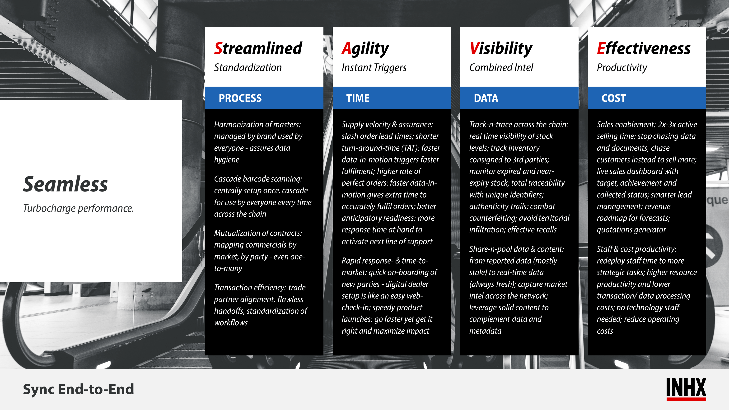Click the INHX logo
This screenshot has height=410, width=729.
point(686,389)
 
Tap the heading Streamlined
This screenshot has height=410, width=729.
point(258,48)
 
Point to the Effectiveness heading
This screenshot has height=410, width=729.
point(644,48)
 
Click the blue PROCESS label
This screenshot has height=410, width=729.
point(240,98)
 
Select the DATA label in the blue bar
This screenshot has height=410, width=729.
point(486,98)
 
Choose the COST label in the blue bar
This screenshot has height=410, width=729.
point(613,98)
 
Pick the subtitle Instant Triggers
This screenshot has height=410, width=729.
point(374,68)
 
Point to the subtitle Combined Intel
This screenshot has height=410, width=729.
point(501,68)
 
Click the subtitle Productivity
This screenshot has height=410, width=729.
point(622,68)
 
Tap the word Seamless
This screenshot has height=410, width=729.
point(65,184)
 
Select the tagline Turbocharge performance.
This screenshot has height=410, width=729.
point(78,209)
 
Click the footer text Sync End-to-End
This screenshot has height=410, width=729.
point(78,389)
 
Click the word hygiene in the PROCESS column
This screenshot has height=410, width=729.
point(227,160)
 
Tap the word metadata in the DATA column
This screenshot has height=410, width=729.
point(485,331)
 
